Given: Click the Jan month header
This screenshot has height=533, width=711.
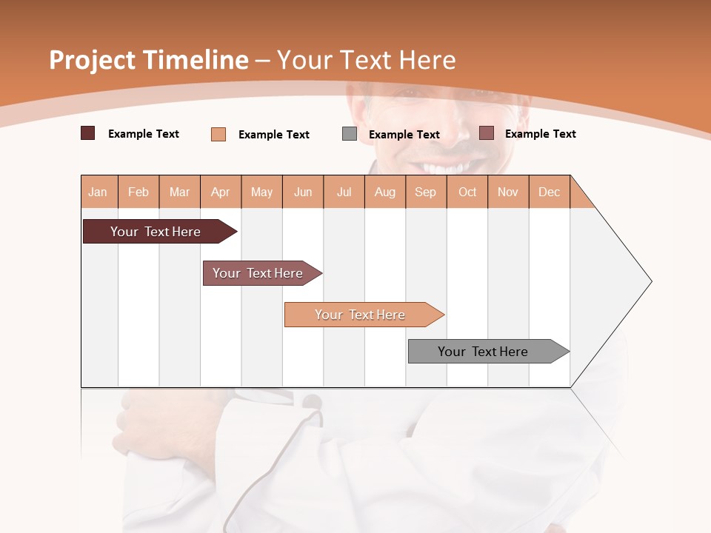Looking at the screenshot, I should [99, 192].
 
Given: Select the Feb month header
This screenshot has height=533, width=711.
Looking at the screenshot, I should [138, 192].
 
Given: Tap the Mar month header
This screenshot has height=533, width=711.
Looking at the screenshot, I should [179, 192].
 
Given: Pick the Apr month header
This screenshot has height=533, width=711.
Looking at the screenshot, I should [221, 192].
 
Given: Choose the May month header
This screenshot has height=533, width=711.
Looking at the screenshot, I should [261, 192].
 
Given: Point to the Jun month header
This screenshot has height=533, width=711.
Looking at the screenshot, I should [303, 192].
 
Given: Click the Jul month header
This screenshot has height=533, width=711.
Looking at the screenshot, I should [344, 192].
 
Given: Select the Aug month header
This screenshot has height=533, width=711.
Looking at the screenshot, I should [385, 192].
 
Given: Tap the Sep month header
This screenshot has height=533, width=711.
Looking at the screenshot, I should [426, 192].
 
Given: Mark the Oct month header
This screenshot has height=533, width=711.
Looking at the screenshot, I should [467, 192].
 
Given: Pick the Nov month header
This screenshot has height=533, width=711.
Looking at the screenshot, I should [508, 192].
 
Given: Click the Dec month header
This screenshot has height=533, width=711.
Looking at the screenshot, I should [550, 192].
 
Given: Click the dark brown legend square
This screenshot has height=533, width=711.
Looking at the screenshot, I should [88, 133].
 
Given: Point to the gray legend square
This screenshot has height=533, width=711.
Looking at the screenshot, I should [350, 134].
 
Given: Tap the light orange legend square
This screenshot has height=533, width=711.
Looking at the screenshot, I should [218, 134].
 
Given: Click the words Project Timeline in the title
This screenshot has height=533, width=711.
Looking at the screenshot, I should [149, 60].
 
